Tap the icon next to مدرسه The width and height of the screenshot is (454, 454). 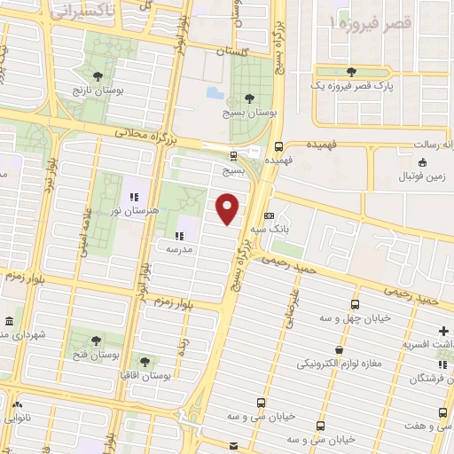(179, 236)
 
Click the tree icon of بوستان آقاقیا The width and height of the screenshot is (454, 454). (145, 361)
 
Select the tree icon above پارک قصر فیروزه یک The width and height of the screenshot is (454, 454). (353, 71)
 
